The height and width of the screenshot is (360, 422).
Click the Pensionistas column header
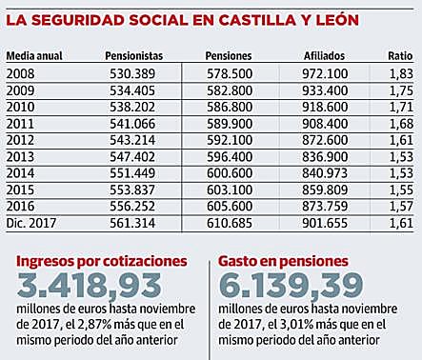click(x=133, y=56)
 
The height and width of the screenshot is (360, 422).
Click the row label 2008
click(x=20, y=73)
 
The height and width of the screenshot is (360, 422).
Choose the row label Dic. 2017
click(x=30, y=222)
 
